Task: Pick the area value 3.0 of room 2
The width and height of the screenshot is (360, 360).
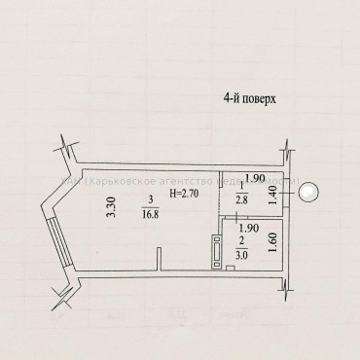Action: [240, 257]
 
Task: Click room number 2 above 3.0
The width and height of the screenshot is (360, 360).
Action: [240, 245]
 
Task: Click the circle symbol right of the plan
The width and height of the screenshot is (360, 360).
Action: [307, 193]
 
